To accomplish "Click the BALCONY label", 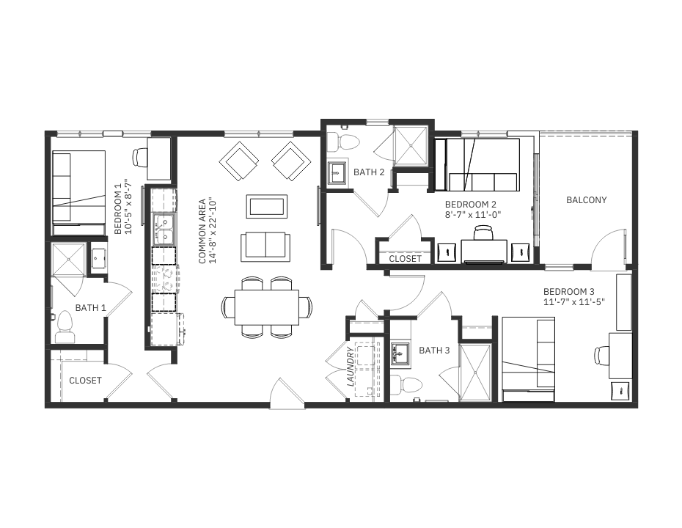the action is click(587, 200).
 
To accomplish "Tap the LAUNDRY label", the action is click(350, 367).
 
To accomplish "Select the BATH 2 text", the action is click(369, 172).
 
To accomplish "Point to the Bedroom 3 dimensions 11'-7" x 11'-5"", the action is click(574, 302).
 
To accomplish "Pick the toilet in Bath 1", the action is click(65, 327).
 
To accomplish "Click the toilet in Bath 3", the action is click(406, 384).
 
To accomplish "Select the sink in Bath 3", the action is click(400, 353).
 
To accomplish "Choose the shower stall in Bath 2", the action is click(411, 146).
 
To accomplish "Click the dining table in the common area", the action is click(267, 307).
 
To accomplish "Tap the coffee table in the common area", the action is click(267, 206).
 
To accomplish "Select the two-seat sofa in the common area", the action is click(265, 247).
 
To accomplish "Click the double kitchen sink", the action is click(164, 230).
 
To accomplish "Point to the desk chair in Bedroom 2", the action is click(484, 232).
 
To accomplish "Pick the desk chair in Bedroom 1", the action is click(140, 158).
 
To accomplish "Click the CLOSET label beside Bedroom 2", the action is click(405, 259).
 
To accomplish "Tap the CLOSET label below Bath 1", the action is click(85, 381).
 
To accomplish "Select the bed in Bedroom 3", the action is click(529, 359).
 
